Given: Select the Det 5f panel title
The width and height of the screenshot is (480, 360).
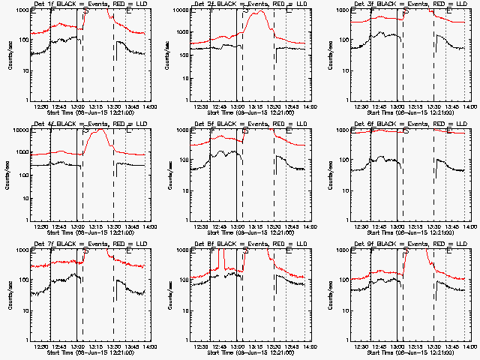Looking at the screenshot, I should point(249,124).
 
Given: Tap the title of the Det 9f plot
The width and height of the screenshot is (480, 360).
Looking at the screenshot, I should point(409,244).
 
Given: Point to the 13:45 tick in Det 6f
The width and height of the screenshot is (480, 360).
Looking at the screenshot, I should point(453,226).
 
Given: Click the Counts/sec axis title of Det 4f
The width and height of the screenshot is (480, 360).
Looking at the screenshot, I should point(10,175).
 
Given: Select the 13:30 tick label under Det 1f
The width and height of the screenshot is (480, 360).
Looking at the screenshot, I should point(114,106).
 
